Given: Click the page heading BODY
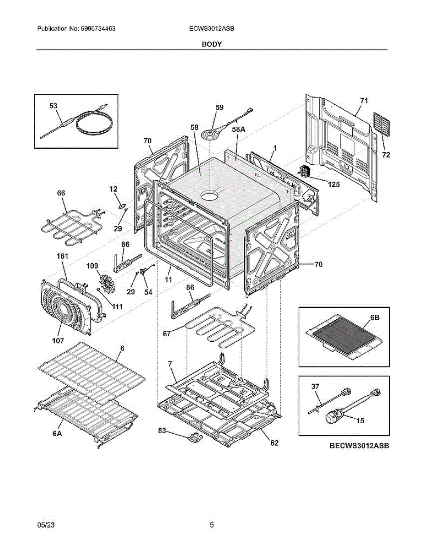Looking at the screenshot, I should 212,44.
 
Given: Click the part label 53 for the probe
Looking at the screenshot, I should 54,106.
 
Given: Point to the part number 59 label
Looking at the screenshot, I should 220,108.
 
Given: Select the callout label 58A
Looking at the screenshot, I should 239,129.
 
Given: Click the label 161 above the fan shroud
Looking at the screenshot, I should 62,257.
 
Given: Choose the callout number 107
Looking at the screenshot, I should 58,340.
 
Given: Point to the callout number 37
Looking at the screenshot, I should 315,387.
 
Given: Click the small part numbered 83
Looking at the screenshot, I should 194,438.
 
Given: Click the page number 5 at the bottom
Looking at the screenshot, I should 212,525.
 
